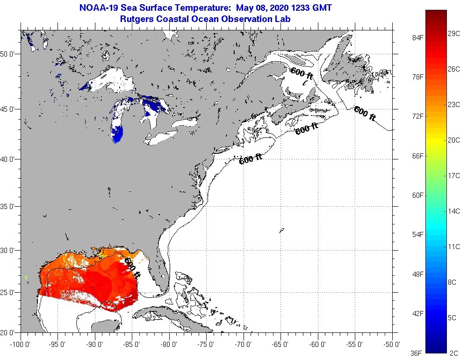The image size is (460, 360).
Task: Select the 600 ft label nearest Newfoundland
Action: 365,113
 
